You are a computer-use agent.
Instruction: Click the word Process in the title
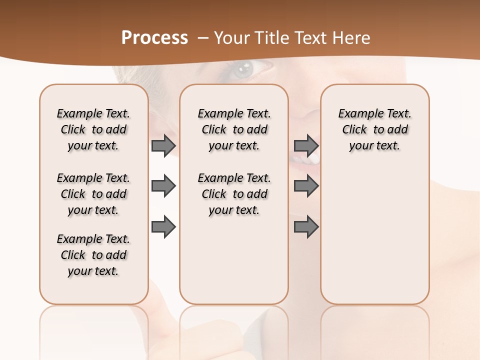point(154,38)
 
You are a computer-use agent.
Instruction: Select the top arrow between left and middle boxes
point(163,146)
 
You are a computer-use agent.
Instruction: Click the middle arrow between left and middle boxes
point(163,186)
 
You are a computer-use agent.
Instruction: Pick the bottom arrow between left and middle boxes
point(163,226)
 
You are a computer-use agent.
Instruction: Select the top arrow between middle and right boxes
point(306,146)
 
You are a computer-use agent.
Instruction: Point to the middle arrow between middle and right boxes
point(306,186)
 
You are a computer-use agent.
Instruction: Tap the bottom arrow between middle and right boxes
point(306,226)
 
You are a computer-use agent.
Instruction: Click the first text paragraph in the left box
point(93,129)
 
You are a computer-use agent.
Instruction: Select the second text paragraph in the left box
point(93,194)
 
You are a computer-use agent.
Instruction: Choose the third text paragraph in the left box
point(93,255)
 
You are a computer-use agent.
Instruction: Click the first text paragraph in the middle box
point(234,129)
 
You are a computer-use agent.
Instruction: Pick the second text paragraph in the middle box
point(234,194)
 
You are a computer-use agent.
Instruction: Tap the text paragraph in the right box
point(375,129)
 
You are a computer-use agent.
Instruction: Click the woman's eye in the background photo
point(244,69)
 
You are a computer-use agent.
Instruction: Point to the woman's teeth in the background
point(306,160)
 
